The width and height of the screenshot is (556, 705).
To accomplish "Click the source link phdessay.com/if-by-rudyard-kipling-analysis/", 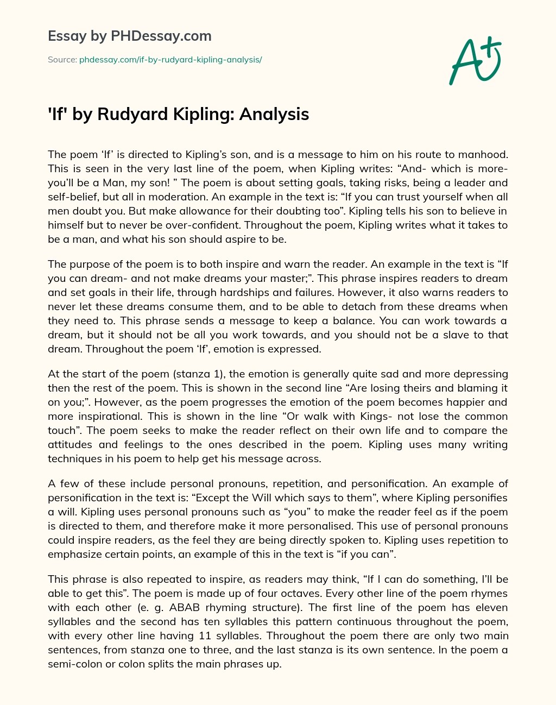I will pos(170,60).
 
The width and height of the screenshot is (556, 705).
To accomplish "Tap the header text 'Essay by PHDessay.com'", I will pos(129,36).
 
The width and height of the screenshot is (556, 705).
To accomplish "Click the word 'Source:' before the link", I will pos(62,60).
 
